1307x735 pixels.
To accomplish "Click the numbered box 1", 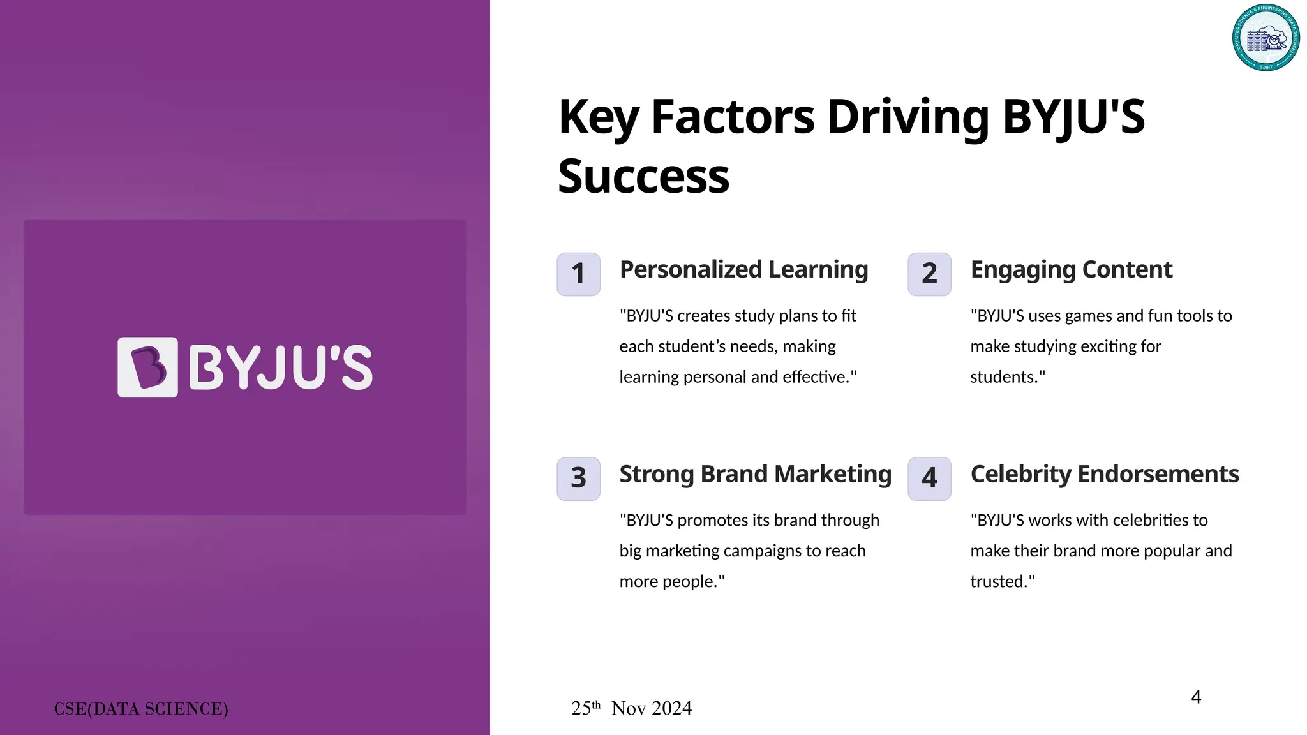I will (578, 274).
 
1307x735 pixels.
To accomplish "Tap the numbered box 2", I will (929, 274).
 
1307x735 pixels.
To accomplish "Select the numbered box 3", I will (578, 479).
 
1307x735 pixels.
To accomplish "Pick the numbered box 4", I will (929, 479).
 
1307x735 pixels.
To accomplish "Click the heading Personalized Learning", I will (743, 270).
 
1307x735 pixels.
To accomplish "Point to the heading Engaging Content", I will (1071, 270).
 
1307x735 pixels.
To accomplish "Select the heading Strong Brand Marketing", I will (755, 475).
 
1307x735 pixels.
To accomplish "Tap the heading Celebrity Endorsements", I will (1104, 475).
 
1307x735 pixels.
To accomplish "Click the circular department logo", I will (1266, 38).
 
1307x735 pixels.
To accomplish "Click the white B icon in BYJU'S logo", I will (147, 367).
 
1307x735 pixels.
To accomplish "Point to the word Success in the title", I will (643, 177).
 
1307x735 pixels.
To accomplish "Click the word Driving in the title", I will (907, 117).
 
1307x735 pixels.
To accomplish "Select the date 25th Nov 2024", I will (631, 708).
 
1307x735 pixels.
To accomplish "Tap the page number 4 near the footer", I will (1196, 697).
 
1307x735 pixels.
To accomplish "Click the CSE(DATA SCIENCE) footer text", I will (141, 709).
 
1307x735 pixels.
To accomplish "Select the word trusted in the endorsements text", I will (999, 582).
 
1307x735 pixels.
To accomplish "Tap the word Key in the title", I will (598, 117).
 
